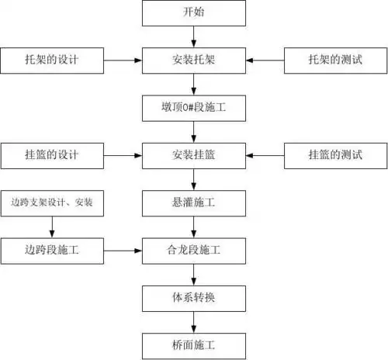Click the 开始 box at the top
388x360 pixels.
tap(193, 13)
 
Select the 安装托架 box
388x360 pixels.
tap(193, 60)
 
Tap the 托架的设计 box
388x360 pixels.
tap(52, 60)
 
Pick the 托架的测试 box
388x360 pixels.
tap(334, 60)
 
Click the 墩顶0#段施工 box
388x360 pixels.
tap(193, 107)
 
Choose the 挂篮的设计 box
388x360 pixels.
tap(52, 154)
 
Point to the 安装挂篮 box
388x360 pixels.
tap(193, 154)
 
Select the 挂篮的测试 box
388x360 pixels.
tap(334, 154)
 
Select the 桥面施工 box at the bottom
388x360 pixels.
tap(193, 343)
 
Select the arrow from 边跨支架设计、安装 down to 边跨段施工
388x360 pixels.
tap(52, 226)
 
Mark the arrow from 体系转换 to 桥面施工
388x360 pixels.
tap(193, 320)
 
